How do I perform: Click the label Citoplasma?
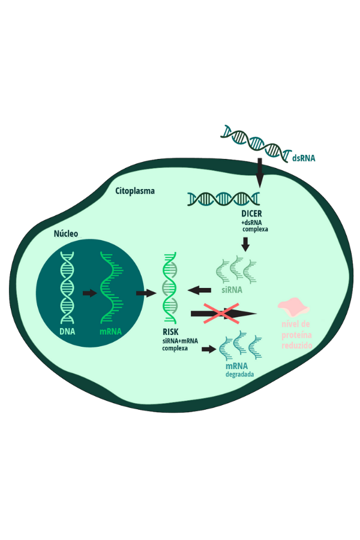click(135, 191)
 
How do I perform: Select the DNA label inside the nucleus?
click(67, 331)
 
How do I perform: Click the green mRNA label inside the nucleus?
click(110, 331)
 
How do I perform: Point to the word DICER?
click(251, 214)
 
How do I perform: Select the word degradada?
click(239, 374)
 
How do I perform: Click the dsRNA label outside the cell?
click(304, 158)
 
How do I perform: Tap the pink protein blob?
click(294, 307)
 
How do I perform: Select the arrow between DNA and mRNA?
click(89, 293)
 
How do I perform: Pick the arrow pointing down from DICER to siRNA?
click(245, 244)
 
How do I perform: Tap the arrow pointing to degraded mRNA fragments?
click(209, 349)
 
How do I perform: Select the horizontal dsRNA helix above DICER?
click(223, 198)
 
